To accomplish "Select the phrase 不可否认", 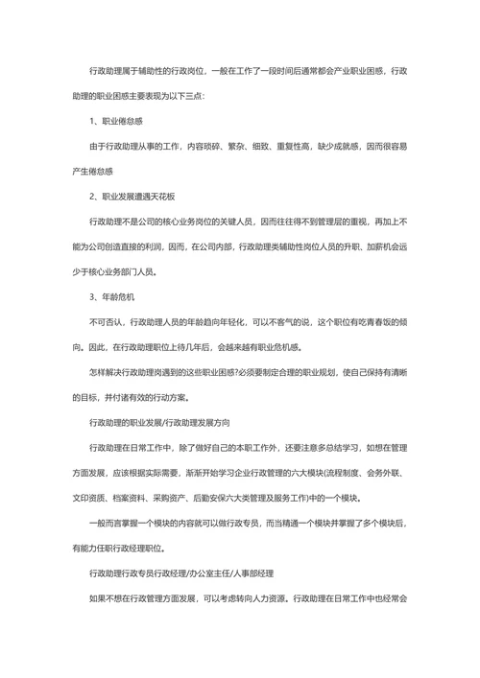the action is (105, 321).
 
